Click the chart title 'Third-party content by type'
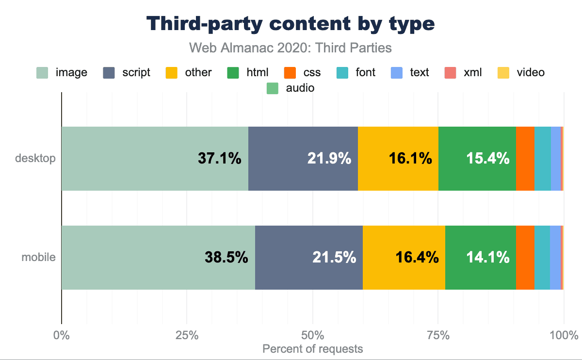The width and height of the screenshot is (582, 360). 291,24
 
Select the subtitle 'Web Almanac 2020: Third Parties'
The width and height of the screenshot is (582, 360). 291,48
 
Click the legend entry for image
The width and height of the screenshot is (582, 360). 63,73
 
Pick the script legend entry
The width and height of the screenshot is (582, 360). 127,73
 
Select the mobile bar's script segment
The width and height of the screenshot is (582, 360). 308,258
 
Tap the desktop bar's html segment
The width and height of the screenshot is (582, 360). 477,159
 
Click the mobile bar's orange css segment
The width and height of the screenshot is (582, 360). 525,258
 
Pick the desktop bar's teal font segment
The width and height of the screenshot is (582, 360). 542,159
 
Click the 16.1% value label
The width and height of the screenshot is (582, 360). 410,159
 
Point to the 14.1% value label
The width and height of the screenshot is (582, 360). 488,258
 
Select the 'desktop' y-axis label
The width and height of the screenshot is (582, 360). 35,159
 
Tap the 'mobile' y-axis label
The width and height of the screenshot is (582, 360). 38,258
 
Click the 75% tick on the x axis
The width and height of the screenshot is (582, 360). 438,335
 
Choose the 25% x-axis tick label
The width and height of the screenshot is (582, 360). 187,335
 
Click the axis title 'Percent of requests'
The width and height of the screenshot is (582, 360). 312,349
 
